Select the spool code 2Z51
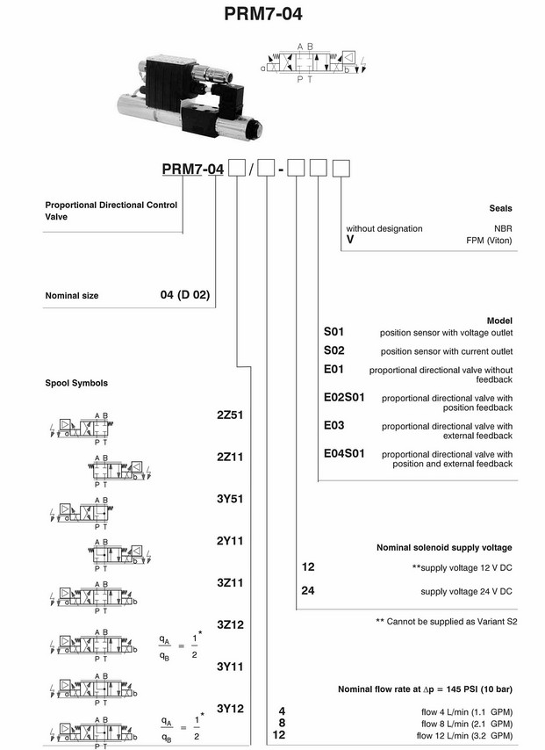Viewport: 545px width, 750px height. pos(230,415)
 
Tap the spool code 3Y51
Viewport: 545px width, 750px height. pos(230,500)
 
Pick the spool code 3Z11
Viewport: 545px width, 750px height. pos(230,581)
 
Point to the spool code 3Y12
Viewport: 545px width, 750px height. pos(230,707)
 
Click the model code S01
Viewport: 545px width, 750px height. pos(334,333)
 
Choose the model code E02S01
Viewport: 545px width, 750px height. pos(344,398)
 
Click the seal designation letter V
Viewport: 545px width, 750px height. pos(350,239)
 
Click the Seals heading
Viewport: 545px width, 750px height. pos(500,208)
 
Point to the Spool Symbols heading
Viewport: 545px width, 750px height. pos(77,383)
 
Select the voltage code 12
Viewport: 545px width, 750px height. pos(308,566)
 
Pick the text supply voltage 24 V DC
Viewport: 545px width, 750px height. pos(466,591)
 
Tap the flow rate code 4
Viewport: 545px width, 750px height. pos(281,710)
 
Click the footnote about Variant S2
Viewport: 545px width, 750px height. pos(443,621)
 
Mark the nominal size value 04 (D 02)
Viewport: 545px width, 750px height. pos(184,295)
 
